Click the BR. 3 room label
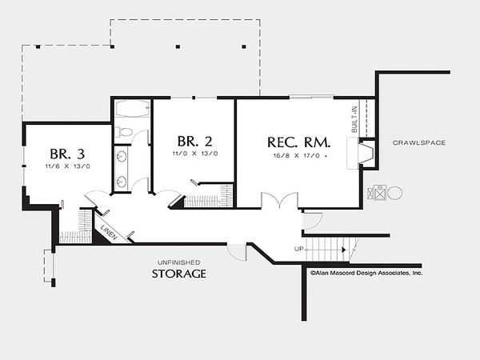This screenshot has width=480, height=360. pyautogui.click(x=67, y=154)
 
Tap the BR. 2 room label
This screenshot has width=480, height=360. pyautogui.click(x=194, y=141)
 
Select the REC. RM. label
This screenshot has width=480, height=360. pyautogui.click(x=298, y=142)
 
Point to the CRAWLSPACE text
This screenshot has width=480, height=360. pyautogui.click(x=419, y=142)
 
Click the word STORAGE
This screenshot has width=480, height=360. pyautogui.click(x=179, y=274)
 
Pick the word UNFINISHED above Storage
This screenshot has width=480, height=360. pyautogui.click(x=179, y=262)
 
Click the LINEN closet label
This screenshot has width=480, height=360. pyautogui.click(x=109, y=232)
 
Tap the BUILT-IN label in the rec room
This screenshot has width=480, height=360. pyautogui.click(x=354, y=119)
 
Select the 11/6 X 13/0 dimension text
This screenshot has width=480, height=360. pyautogui.click(x=68, y=166)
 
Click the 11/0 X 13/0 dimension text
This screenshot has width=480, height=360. pyautogui.click(x=195, y=154)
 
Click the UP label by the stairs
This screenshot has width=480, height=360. pyautogui.click(x=298, y=249)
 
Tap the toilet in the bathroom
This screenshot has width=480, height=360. pyautogui.click(x=124, y=132)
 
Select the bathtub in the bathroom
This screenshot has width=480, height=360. pyautogui.click(x=133, y=109)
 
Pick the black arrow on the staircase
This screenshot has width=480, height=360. pyautogui.click(x=344, y=250)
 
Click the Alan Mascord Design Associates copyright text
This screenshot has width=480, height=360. pyautogui.click(x=366, y=273)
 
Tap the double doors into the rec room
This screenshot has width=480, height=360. pyautogui.click(x=279, y=200)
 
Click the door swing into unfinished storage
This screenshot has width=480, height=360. pyautogui.click(x=237, y=252)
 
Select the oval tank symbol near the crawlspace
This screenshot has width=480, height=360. pyautogui.click(x=395, y=194)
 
